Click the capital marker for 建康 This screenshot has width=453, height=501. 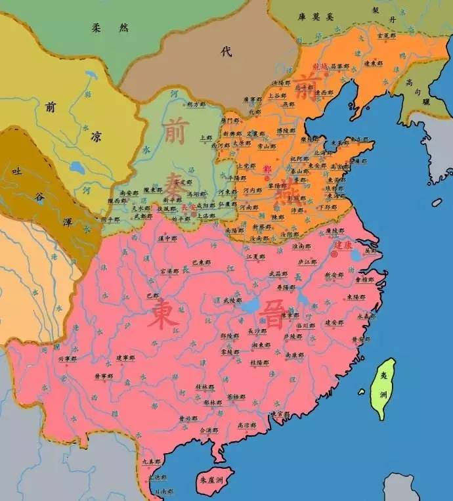(x=335, y=252)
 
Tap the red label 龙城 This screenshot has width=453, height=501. (x=318, y=66)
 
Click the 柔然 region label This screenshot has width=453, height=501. (x=104, y=28)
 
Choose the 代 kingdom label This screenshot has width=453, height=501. (x=226, y=53)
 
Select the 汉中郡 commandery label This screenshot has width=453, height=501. (x=167, y=238)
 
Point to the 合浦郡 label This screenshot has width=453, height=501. (x=207, y=430)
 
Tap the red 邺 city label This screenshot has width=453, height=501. (x=267, y=169)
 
